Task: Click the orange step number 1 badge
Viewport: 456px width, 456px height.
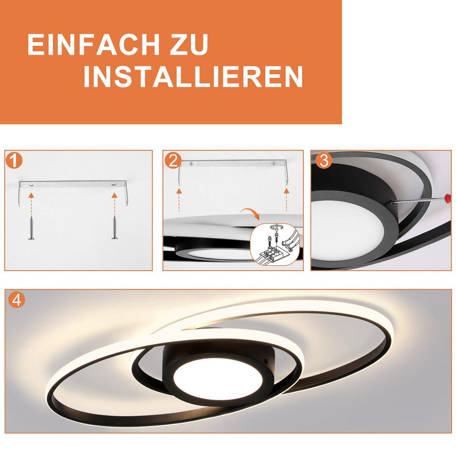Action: [x=14, y=160]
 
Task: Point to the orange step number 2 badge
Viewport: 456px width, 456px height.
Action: [x=173, y=160]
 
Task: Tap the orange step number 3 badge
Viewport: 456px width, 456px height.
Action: [x=324, y=160]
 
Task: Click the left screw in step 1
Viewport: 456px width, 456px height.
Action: [x=31, y=228]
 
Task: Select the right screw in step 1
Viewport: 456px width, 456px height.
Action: [x=114, y=227]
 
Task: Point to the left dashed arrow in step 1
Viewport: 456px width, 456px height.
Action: [x=31, y=202]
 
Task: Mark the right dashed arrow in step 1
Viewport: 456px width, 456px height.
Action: [x=114, y=202]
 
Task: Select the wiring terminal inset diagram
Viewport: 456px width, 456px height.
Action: [x=275, y=243]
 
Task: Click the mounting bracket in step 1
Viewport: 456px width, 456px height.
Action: [x=73, y=184]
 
